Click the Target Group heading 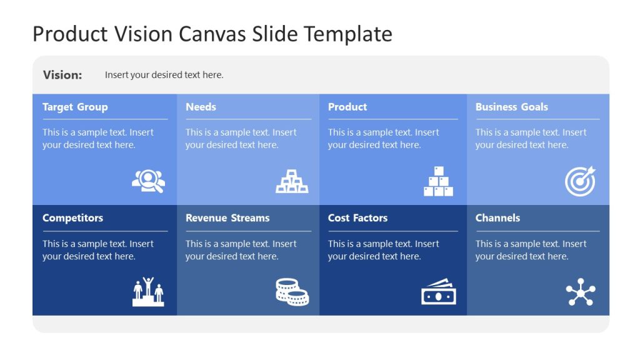[75, 107]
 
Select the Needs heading [201, 107]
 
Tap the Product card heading [347, 107]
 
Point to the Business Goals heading [511, 107]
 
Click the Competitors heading [72, 218]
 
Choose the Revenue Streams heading [227, 218]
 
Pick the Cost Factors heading [357, 218]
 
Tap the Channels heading [497, 218]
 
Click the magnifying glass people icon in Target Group [148, 181]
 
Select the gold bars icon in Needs [292, 181]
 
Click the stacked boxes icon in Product [438, 181]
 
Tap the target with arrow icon [581, 181]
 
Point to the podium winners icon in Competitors [148, 292]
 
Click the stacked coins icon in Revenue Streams [292, 292]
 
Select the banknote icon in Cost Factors [438, 292]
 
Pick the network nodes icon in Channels [581, 292]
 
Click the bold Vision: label [62, 75]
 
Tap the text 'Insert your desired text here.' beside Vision [164, 75]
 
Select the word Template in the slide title [348, 34]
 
